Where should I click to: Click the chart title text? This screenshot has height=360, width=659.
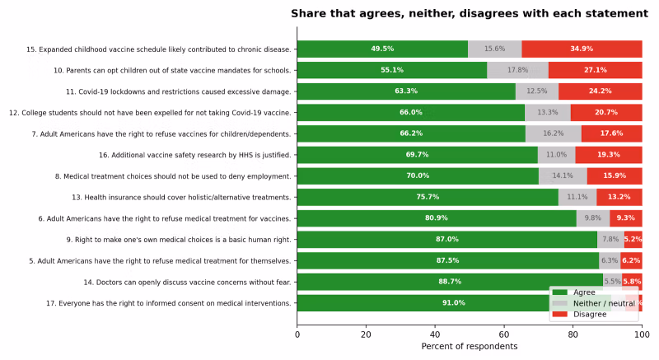click(469, 13)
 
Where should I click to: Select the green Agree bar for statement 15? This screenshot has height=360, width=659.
click(382, 49)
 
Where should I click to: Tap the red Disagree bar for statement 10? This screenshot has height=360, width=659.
click(595, 70)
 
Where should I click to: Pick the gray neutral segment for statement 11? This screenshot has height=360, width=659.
click(536, 91)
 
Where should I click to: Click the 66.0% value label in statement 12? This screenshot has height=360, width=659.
click(410, 112)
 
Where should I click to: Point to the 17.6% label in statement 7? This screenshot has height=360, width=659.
click(611, 133)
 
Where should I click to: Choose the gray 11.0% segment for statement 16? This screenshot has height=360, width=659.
click(556, 155)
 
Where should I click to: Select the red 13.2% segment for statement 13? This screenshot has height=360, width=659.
click(619, 197)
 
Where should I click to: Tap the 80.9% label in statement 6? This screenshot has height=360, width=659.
click(436, 218)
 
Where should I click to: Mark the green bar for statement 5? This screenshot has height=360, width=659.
click(447, 260)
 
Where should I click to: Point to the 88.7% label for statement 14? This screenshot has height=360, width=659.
click(450, 282)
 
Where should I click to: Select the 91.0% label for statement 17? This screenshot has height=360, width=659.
click(454, 302)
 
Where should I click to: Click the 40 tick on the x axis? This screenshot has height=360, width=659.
click(435, 335)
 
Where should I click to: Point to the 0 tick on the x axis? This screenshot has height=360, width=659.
click(297, 335)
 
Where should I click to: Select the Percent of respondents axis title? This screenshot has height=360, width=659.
click(469, 347)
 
